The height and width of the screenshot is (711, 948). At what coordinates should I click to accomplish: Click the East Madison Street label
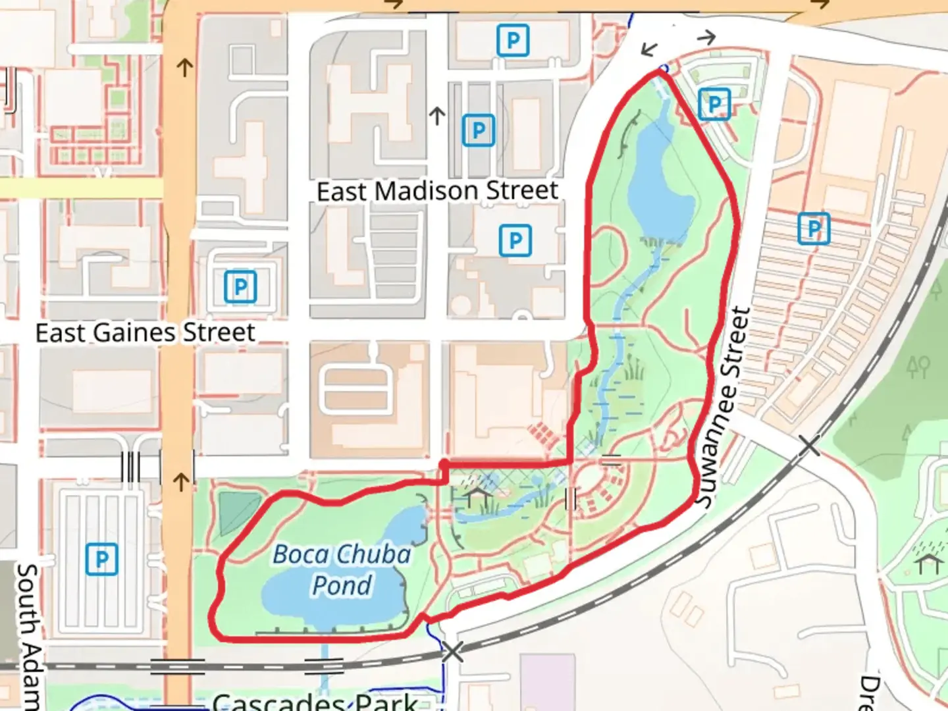437,192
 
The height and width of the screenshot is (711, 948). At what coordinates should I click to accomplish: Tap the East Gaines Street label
145,333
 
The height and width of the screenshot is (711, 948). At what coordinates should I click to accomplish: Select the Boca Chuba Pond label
342,569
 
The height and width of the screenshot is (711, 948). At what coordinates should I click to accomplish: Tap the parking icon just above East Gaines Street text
240,287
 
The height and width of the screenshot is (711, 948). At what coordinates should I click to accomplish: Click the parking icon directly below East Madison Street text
515,241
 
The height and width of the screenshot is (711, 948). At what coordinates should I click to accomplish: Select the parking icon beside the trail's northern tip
714,104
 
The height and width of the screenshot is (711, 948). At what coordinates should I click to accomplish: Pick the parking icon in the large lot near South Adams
102,559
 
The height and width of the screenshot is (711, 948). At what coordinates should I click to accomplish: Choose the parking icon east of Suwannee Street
814,228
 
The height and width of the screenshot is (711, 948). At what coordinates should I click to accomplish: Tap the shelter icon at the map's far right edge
929,563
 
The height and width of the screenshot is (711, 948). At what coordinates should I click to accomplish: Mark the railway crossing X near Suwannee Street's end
809,446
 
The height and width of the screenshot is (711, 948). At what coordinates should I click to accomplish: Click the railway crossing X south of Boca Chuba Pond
452,652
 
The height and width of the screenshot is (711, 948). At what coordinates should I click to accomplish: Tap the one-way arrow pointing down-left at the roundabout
650,49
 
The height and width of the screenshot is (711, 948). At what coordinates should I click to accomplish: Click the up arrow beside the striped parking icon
437,117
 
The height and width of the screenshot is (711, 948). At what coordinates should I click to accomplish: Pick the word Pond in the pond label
342,585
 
